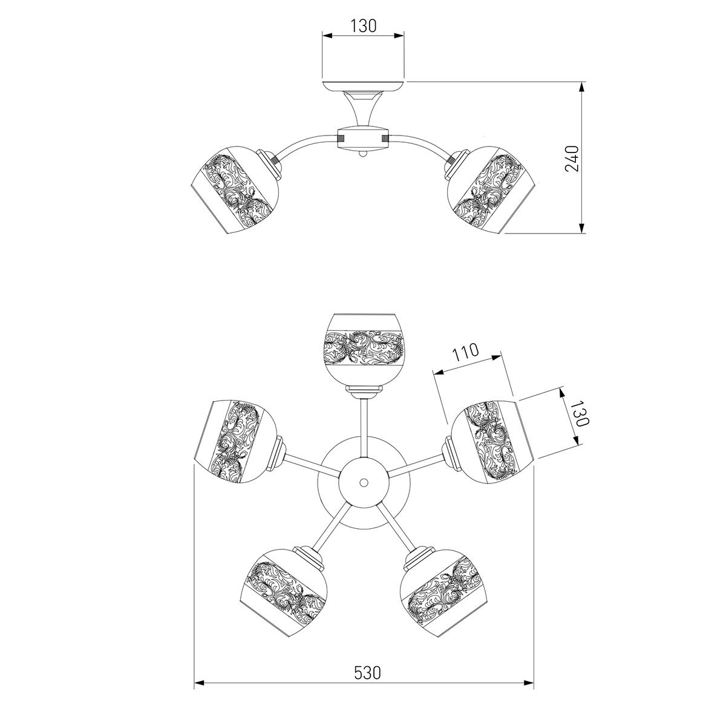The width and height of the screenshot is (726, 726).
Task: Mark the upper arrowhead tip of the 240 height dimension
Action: tap(582, 82)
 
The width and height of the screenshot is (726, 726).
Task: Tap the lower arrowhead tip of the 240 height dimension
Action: tap(582, 233)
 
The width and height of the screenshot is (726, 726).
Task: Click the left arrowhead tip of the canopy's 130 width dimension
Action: tap(322, 36)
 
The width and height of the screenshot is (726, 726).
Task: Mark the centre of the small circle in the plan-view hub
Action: tap(364, 482)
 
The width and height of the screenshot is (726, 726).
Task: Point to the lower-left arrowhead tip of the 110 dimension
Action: tap(435, 373)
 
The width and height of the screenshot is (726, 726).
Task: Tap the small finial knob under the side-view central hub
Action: tap(363, 154)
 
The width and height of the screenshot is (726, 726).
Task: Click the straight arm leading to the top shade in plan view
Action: tap(364, 428)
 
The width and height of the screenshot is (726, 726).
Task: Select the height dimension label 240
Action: tap(572, 159)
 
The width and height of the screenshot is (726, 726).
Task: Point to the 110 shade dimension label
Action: tap(466, 352)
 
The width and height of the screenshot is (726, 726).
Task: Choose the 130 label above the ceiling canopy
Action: tap(364, 26)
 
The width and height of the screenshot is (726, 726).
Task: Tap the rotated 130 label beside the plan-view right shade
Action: tap(580, 413)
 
